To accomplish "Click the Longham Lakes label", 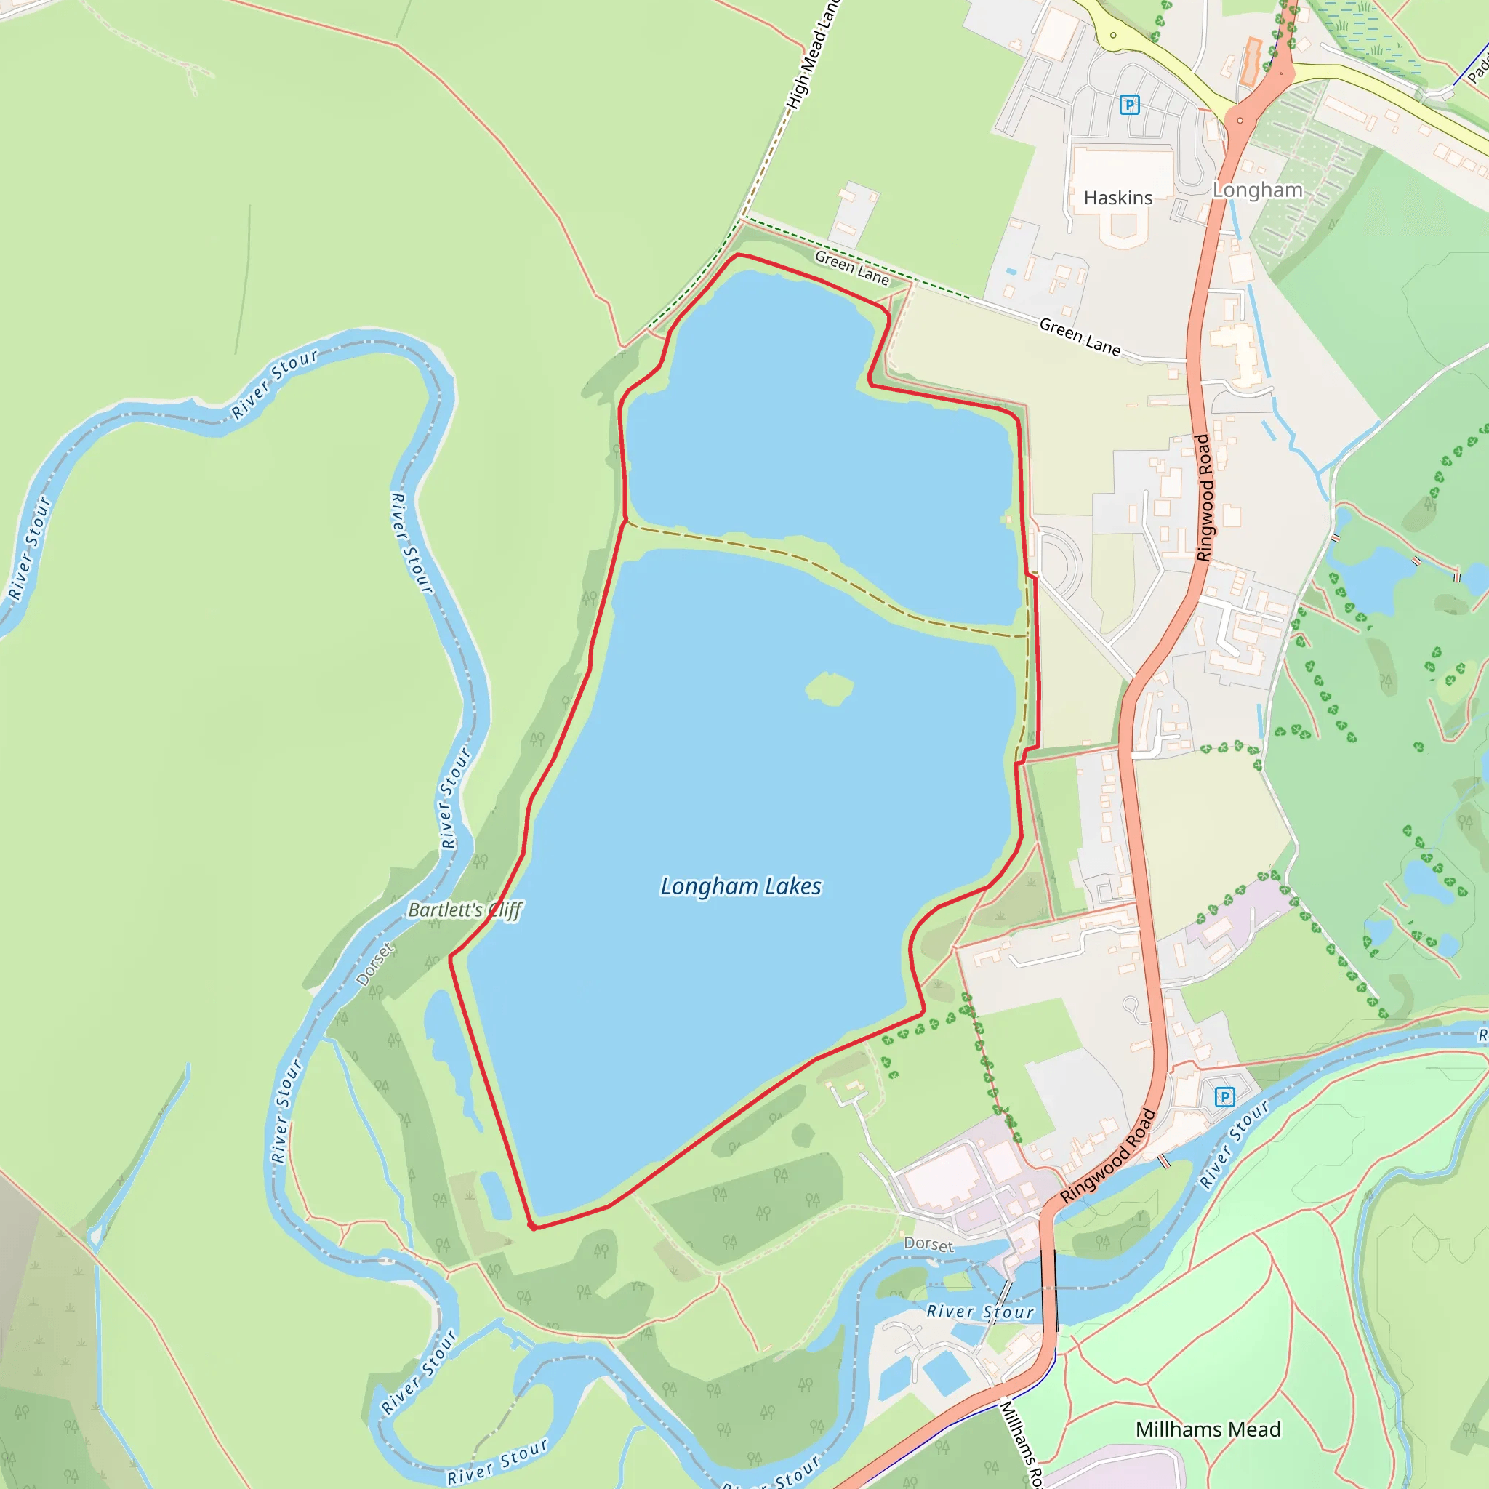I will (741, 886).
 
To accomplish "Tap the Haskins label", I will (1117, 198).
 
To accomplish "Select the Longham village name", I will (1257, 190).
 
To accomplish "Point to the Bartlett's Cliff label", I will (465, 910).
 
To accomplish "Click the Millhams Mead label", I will (1208, 1429).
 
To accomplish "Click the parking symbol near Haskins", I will (1129, 104).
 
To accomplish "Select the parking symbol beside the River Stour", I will (1224, 1096).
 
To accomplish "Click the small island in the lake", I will (830, 688).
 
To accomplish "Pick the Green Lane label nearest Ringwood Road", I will (1080, 337).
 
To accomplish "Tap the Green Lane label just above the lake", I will (851, 268).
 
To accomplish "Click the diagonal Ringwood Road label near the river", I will (1108, 1156).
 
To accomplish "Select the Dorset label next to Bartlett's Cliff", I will (375, 964).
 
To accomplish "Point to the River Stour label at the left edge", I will (29, 548).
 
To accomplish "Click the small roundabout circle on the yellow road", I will (1113, 35).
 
